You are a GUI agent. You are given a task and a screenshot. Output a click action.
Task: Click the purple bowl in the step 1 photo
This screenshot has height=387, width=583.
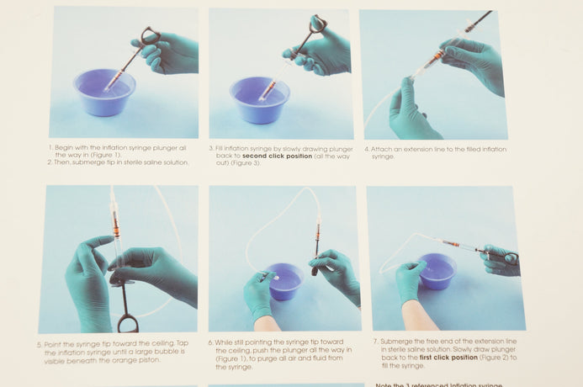coord(104,92)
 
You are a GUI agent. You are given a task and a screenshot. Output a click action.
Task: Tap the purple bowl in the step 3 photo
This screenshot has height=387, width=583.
coord(259,99)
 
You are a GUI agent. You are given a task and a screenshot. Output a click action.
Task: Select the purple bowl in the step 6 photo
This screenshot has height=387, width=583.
coord(284,282)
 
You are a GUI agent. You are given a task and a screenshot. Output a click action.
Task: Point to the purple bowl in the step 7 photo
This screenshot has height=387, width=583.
coord(437,271)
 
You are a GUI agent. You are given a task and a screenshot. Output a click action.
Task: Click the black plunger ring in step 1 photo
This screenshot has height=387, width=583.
coord(151,35)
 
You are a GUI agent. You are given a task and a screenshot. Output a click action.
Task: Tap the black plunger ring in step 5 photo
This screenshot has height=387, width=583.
coord(128,324)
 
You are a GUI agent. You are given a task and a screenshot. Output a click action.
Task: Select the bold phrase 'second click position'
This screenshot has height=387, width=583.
coord(277,156)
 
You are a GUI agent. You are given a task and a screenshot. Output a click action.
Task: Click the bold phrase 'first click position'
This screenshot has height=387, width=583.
coord(448,358)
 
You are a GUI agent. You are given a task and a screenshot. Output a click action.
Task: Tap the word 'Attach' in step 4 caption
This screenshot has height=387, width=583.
coord(379,150)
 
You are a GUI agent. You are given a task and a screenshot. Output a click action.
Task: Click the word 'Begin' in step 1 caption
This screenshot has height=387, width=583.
coord(63,148)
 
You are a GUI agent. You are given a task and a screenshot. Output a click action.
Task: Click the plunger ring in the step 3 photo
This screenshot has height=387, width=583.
coord(318,23)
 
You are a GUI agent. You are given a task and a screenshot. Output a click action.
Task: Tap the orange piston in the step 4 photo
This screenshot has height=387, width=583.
coord(438,56)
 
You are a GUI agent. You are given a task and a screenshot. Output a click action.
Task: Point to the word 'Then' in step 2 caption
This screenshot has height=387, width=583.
coord(62,162)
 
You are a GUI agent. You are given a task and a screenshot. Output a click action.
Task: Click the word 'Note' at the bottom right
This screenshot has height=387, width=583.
coord(383,384)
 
